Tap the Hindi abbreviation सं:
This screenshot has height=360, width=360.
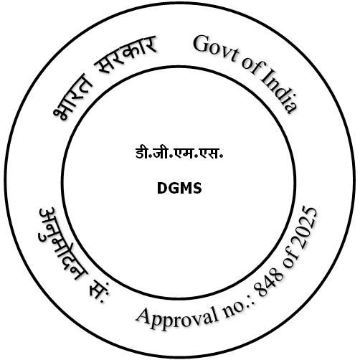98,291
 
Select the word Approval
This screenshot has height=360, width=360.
177,318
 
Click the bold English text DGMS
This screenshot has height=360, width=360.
179,188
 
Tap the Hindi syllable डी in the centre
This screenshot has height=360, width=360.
142,153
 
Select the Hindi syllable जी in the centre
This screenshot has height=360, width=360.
163,153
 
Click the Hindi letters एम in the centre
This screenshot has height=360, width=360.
184,153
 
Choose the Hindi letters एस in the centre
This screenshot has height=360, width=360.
209,153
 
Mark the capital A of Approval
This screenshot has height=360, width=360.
144,315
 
